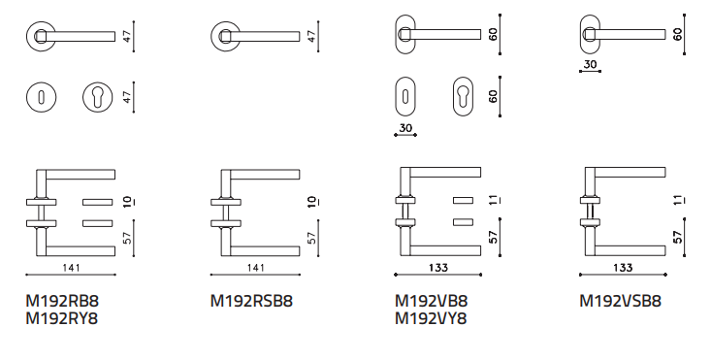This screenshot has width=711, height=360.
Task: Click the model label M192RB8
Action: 62,301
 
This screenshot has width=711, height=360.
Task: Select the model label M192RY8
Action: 62,318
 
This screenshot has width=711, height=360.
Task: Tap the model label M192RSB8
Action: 251,301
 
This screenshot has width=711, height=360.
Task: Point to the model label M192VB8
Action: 431,301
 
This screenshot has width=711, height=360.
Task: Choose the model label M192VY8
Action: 431,318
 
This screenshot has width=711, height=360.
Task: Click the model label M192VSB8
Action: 621,301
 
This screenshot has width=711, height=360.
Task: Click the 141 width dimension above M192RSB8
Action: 255,268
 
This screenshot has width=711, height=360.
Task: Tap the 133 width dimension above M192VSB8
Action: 623,268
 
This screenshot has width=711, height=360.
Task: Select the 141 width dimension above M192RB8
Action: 71,268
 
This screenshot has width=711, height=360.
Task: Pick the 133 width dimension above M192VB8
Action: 438,268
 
